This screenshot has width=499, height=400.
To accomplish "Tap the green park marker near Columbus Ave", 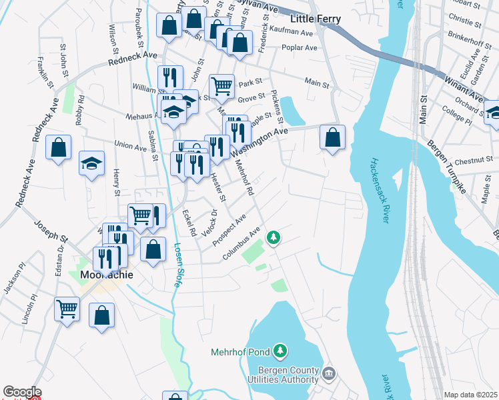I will click(273, 237).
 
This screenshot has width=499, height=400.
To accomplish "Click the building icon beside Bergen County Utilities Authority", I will click(329, 373).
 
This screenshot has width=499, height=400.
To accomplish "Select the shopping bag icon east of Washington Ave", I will click(332, 137).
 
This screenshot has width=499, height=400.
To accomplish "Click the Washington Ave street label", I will click(260, 143).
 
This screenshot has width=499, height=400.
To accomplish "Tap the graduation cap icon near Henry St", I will click(91, 163).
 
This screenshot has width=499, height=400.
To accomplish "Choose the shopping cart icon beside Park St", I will click(221, 86).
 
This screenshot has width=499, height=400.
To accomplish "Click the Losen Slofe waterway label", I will click(177, 265).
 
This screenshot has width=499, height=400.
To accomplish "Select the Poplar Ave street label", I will click(300, 48).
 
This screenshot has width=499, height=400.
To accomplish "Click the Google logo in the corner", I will click(22, 393).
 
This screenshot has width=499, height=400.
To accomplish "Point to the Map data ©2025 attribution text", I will click(470, 395).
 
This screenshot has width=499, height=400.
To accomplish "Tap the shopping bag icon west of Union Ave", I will click(59, 148).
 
